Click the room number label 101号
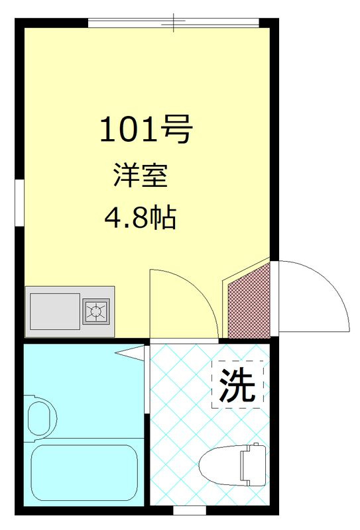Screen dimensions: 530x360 pos(145,130)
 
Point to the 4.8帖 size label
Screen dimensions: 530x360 pos(140,217)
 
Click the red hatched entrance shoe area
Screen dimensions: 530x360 pos(249,302)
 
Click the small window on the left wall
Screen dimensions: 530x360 pos(20,198)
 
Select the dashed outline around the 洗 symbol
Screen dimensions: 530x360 pos(213,384)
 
